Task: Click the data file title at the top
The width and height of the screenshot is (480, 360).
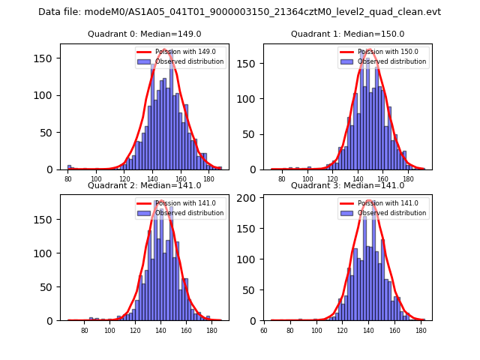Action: pos(239,12)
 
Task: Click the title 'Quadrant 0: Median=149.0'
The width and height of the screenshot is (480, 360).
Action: pos(145,34)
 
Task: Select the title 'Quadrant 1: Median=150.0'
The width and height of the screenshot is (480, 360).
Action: pos(347,34)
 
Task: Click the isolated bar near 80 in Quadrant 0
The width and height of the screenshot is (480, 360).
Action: pos(69,166)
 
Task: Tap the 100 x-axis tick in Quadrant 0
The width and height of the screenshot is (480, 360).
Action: pos(96,179)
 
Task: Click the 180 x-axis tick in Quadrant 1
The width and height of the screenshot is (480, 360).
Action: pos(408,179)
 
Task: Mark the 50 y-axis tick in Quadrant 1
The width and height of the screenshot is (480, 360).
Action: pos(254,133)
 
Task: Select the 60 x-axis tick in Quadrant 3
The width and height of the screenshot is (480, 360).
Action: pos(264,330)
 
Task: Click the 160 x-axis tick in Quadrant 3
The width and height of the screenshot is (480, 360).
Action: pos(394,330)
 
